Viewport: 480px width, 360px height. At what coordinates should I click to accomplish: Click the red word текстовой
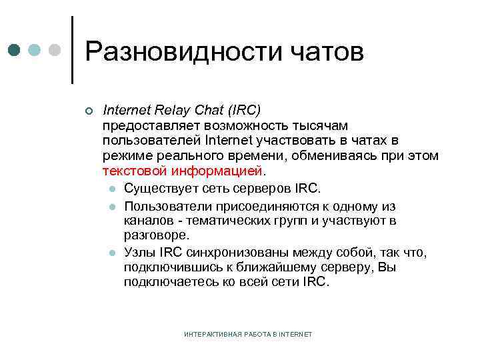pos(133,171)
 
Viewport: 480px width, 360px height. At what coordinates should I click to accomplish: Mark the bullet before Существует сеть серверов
pos(113,187)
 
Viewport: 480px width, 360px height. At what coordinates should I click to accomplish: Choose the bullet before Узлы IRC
pos(113,253)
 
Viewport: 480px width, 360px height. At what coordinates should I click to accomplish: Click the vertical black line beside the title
pos(72,50)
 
